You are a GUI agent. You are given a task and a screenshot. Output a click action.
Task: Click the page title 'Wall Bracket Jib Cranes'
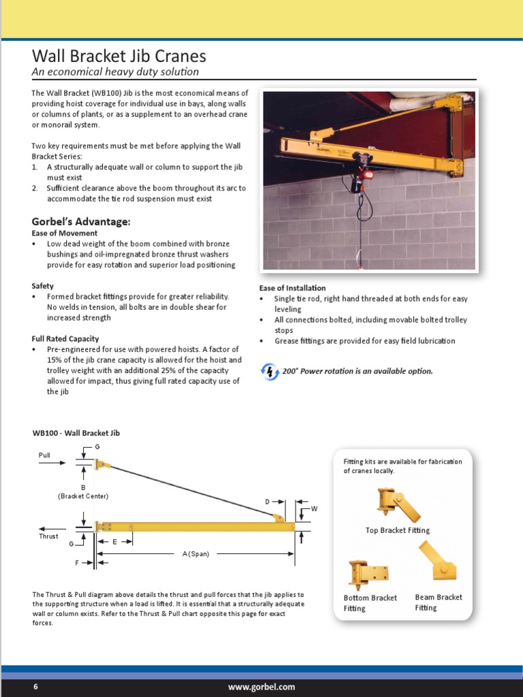tap(118, 56)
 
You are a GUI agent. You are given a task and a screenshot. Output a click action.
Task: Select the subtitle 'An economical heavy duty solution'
tap(115, 71)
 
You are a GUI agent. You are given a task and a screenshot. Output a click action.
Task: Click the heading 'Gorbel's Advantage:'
tap(81, 221)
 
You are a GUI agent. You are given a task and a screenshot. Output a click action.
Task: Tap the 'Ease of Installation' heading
tap(292, 288)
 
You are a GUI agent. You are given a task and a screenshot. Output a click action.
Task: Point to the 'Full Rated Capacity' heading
tap(65, 338)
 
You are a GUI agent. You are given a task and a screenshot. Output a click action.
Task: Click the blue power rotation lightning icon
tap(270, 372)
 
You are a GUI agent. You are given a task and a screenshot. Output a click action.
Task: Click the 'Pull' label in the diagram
tap(45, 454)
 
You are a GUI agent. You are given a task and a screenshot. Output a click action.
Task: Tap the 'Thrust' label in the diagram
tap(48, 536)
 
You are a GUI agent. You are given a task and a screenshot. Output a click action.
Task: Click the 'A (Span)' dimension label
tap(195, 554)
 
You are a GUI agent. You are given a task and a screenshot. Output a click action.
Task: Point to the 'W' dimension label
tap(314, 508)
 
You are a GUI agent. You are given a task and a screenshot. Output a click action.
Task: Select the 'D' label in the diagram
tap(268, 502)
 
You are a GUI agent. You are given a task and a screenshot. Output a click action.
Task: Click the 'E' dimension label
tap(114, 542)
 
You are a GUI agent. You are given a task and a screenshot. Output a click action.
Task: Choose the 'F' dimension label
tap(78, 563)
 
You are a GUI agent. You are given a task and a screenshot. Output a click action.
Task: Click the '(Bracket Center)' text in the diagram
tap(83, 496)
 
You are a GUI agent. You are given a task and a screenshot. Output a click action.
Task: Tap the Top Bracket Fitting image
tap(397, 504)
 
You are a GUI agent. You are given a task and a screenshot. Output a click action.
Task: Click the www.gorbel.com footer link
tap(261, 687)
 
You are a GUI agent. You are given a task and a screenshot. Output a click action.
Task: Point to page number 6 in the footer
tap(36, 687)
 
